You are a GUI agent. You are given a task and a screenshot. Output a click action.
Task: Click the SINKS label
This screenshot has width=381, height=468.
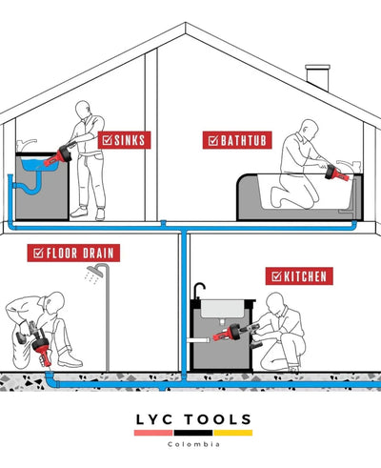(124, 140)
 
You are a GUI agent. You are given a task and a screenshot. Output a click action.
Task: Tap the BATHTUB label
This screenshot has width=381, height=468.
(237, 140)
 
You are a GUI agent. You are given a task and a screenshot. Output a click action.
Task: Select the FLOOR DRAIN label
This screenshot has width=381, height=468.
(73, 253)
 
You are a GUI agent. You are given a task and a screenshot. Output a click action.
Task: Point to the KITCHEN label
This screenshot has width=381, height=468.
(299, 276)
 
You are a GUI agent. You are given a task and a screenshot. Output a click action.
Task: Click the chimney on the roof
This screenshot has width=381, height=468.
(317, 77)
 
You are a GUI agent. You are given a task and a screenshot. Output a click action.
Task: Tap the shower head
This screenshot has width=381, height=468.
(94, 272)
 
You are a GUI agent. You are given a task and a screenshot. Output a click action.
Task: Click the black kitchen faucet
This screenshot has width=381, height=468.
(199, 291)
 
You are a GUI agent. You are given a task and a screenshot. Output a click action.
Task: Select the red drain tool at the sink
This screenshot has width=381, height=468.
(58, 156)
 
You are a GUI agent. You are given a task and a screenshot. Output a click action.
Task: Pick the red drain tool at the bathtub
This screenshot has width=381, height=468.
(336, 173)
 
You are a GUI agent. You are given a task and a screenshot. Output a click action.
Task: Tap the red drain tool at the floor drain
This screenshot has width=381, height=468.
(42, 349)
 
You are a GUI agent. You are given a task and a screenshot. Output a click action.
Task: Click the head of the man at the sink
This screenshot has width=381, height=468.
(83, 110)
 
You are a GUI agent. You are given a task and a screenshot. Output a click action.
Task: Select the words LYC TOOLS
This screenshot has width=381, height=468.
(193, 419)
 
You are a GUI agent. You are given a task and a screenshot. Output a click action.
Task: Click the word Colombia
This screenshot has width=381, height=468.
(193, 444)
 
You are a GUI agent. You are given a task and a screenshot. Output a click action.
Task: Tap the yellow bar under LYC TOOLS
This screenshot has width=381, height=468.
(233, 433)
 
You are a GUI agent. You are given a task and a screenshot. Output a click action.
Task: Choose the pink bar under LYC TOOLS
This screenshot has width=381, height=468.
(153, 433)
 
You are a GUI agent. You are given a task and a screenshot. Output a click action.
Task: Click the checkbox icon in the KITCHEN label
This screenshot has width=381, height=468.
(276, 276)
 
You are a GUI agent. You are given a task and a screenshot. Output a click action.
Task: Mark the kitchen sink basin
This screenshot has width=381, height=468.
(222, 309)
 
